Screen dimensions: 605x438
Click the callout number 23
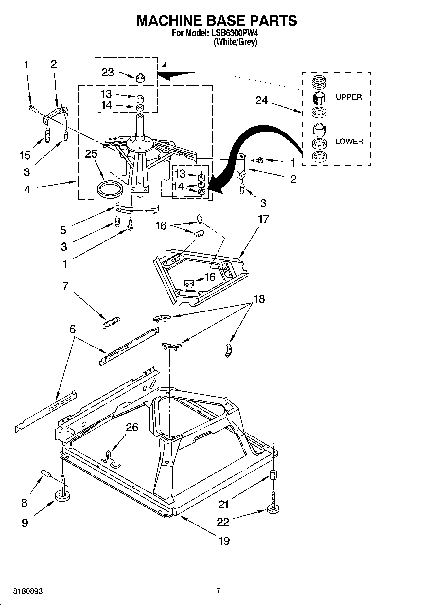108,72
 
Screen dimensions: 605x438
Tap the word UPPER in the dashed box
349,97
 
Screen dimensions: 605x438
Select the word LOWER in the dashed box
349,142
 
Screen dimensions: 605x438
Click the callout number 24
261,100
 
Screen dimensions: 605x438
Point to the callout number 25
91,154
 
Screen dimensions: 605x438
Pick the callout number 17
263,219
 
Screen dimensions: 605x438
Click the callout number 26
132,427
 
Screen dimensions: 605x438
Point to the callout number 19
224,541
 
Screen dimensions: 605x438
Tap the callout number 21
223,505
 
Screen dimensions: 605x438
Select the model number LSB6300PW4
235,33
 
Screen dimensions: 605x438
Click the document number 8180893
28,591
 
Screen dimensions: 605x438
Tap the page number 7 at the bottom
219,591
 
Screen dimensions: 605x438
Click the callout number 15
25,155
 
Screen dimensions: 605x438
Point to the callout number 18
259,299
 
